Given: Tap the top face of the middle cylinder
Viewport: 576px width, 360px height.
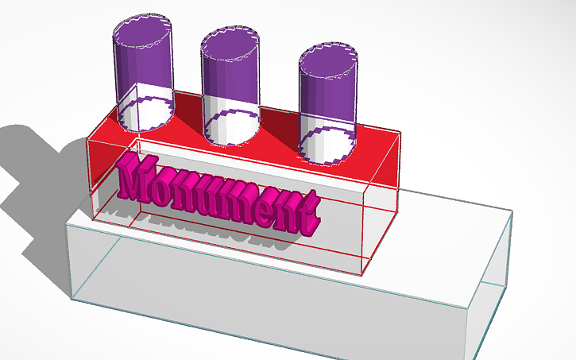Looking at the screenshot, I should (x=231, y=45).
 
